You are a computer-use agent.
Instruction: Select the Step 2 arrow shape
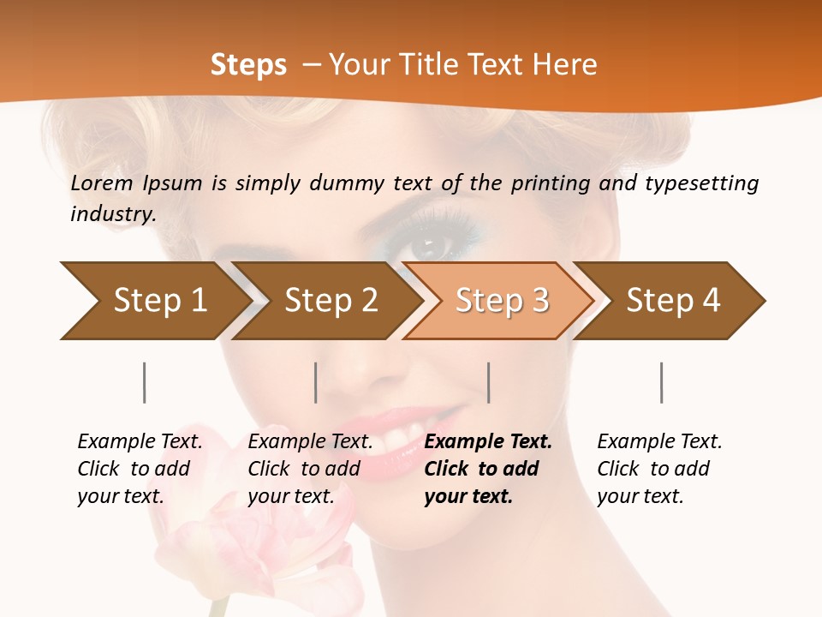pos(330,301)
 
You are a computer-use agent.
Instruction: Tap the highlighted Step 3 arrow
pos(501,301)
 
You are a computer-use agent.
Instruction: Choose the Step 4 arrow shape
pos(672,301)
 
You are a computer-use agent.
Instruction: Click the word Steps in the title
pos(248,64)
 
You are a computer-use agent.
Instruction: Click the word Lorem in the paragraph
pos(100,183)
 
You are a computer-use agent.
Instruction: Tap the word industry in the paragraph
pos(112,213)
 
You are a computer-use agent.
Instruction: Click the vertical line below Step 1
pos(145,382)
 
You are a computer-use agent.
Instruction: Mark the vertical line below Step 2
pos(316,382)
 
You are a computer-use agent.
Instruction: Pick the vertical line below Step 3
pos(489,382)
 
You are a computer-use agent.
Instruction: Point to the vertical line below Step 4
pos(662,382)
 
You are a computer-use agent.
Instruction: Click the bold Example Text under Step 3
pos(488,441)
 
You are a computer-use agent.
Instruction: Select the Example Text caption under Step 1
pos(140,441)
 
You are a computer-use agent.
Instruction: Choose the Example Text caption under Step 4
pos(659,441)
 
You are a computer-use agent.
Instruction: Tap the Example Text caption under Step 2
pos(310,441)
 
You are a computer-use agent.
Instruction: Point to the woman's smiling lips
pos(411,428)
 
